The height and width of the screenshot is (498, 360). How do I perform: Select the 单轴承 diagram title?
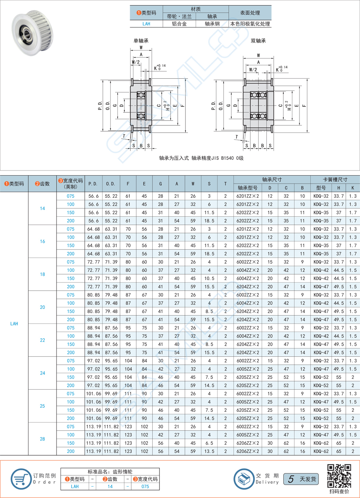[x=140, y=40]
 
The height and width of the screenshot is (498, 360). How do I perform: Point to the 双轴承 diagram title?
[x=258, y=40]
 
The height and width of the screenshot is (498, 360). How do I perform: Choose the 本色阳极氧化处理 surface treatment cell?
[x=250, y=24]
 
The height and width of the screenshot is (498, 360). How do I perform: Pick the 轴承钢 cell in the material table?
[x=212, y=24]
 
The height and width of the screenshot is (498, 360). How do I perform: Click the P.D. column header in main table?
[x=93, y=184]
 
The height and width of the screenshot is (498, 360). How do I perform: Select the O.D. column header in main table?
[x=111, y=184]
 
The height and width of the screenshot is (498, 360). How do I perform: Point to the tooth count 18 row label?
[x=42, y=274]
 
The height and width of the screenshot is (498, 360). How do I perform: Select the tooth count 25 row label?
[x=42, y=406]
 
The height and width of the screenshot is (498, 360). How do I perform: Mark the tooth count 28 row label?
[x=42, y=439]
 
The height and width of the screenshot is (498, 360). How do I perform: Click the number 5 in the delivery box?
[x=291, y=479]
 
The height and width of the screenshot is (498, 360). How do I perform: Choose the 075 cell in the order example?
[x=145, y=487]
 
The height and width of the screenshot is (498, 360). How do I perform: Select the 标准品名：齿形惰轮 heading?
[x=110, y=472]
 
